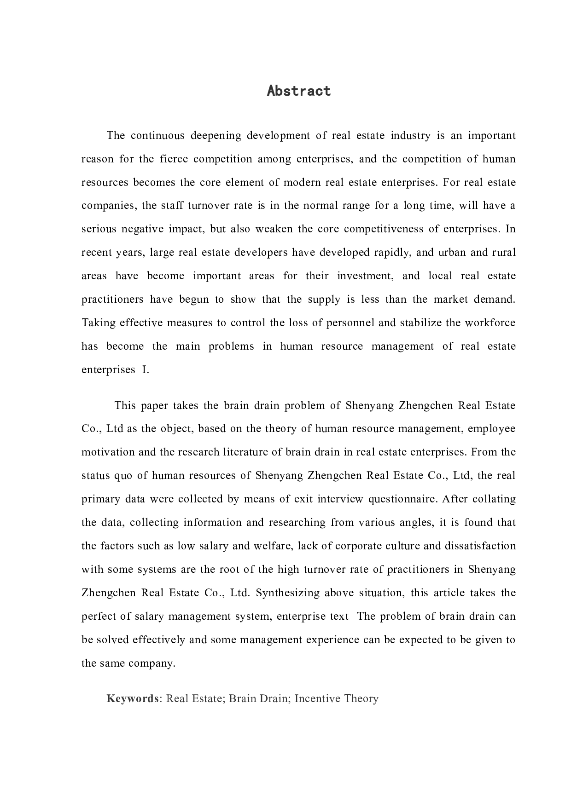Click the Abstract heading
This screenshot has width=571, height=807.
pos(299,91)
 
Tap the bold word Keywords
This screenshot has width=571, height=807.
pos(133,698)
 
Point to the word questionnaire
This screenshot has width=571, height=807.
pos(406,499)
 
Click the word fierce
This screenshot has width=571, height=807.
pos(175,159)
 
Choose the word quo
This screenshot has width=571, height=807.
pos(123,475)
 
